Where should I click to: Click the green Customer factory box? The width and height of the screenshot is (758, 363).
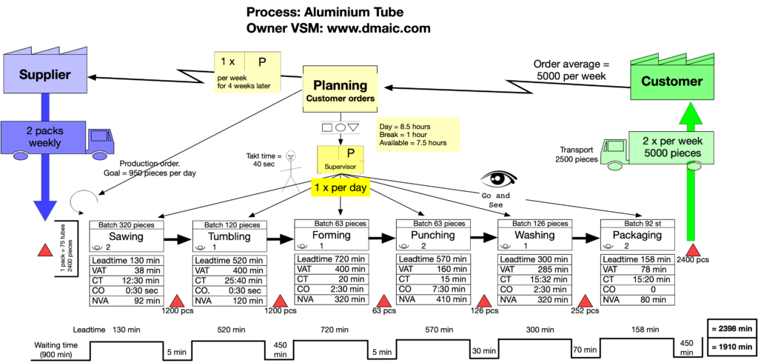(x=671, y=81)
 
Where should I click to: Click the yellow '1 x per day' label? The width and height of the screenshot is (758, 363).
(x=340, y=188)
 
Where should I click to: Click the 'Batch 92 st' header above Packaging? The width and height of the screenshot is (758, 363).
(x=635, y=224)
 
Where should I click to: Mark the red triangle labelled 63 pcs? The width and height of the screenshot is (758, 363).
(x=384, y=301)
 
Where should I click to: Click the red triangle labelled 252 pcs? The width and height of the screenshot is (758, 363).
(x=586, y=301)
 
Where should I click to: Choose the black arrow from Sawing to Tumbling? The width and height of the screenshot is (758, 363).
(x=172, y=239)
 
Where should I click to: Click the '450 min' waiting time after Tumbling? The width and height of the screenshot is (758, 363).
(x=281, y=350)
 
